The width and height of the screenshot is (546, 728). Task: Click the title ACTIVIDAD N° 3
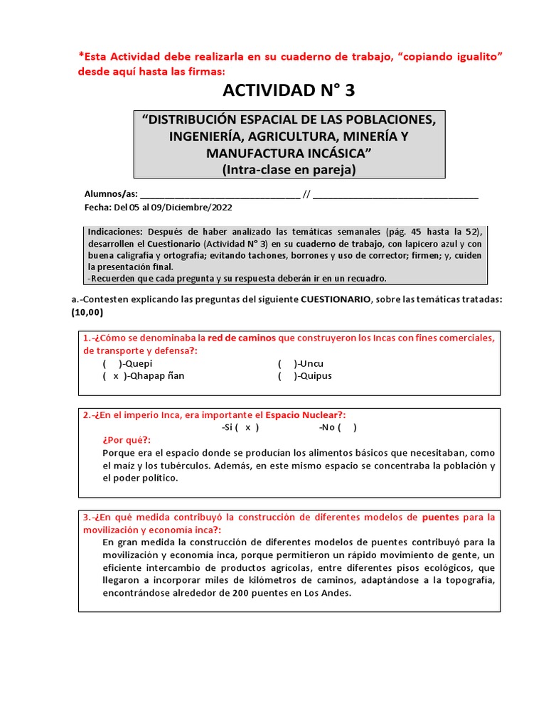coord(288,90)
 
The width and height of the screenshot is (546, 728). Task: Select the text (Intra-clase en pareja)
coord(288,170)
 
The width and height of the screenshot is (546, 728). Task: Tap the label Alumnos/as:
coord(112,194)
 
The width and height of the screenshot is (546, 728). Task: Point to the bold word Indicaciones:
coord(114,232)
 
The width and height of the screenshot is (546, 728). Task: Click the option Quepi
coord(144,363)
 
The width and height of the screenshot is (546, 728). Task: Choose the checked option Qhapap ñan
coord(154,376)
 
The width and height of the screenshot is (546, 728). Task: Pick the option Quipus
coord(315,376)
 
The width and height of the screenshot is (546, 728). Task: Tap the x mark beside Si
coord(247,428)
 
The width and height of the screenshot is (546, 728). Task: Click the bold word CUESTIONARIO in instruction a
coord(336,300)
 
